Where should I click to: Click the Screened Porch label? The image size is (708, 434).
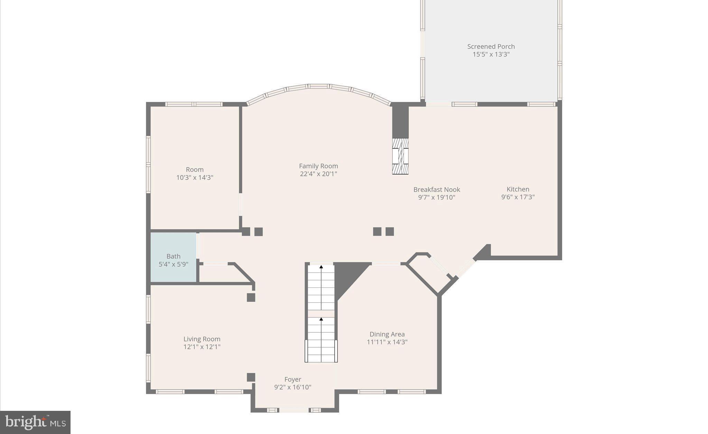point(491,46)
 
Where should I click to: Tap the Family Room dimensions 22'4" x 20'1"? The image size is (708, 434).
point(318,174)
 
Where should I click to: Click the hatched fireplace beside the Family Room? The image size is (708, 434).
point(400,156)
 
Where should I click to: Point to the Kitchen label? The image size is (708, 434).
point(518,189)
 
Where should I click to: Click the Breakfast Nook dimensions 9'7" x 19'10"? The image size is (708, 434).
point(437,197)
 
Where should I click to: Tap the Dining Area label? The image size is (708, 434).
point(387,334)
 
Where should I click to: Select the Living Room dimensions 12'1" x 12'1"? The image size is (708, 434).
point(202,347)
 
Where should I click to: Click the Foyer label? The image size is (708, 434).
point(293,379)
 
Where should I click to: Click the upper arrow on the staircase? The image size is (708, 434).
point(321,267)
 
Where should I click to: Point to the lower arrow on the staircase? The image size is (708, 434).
point(321,319)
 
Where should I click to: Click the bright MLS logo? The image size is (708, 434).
point(35,422)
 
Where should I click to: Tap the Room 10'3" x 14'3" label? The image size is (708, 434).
point(195,173)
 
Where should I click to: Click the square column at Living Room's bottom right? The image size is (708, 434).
point(251,377)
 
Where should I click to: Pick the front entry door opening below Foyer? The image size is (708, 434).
point(294,410)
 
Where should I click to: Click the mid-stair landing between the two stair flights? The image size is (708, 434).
point(321,314)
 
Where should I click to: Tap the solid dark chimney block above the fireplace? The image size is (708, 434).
point(400,122)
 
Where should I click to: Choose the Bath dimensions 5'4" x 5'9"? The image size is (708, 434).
point(173,265)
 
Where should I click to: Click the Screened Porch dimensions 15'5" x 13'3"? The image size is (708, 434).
point(491,54)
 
